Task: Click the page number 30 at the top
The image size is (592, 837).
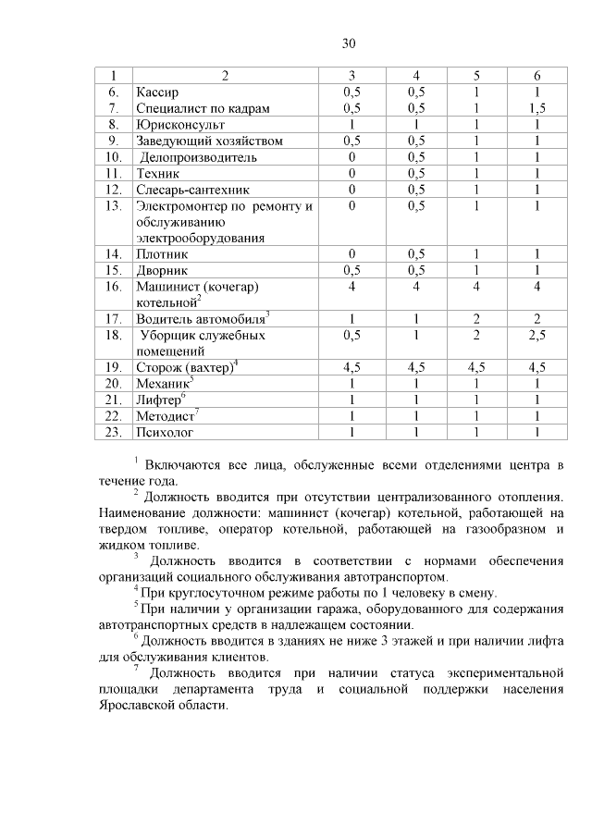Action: (349, 43)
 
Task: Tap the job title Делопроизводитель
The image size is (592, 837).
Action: (198, 157)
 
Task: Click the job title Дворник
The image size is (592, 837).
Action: (162, 270)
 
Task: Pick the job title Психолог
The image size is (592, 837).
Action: (164, 431)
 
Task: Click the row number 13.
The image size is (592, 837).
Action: (115, 205)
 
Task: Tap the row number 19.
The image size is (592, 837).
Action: (115, 367)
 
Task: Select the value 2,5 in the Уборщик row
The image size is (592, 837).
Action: (536, 335)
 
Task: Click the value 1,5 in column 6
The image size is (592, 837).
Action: (536, 108)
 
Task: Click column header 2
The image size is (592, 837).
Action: (226, 75)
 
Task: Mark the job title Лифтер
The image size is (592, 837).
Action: (159, 399)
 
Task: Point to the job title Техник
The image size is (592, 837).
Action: (158, 173)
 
